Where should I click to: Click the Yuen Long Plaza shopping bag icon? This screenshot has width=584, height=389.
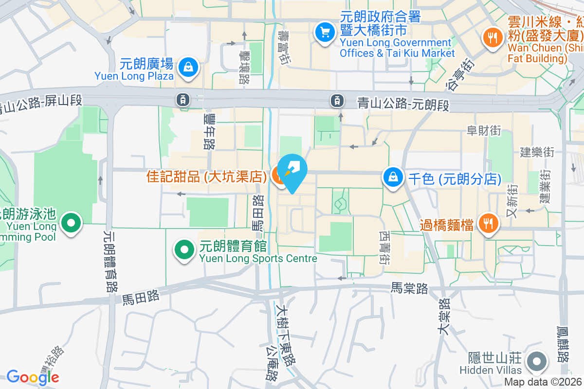(188, 68)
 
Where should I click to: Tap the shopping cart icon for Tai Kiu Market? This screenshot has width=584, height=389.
(324, 33)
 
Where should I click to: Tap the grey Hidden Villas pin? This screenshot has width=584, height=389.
(537, 362)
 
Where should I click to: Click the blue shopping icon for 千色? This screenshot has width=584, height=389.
(392, 177)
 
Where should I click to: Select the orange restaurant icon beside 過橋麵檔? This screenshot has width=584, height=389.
(488, 224)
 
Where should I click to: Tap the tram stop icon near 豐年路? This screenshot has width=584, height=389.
(182, 100)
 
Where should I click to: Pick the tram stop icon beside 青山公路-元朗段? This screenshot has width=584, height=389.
(336, 101)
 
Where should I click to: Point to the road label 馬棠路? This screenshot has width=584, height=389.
(410, 288)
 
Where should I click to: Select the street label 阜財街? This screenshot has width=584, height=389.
(484, 130)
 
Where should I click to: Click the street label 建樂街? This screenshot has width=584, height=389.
(537, 152)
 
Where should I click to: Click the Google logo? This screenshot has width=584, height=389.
(33, 377)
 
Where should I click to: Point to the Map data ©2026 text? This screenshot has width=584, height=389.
(543, 382)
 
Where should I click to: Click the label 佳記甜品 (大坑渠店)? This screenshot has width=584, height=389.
(206, 176)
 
